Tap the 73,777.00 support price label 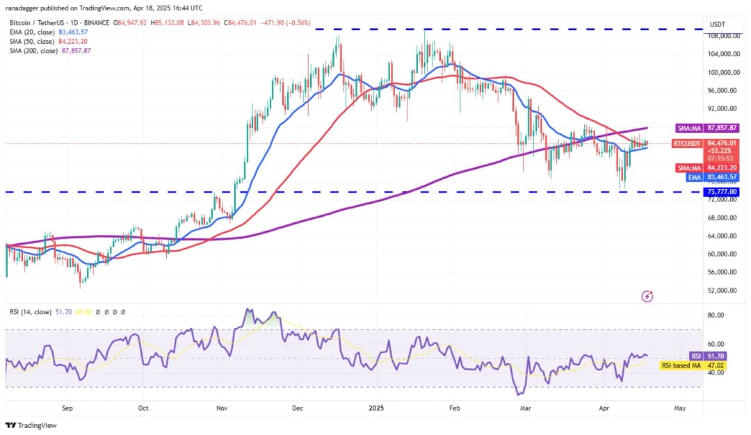pyautogui.click(x=721, y=192)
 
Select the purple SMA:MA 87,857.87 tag pyautogui.click(x=706, y=129)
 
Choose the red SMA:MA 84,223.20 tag pyautogui.click(x=706, y=167)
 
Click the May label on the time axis pyautogui.click(x=679, y=409)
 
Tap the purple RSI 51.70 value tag pyautogui.click(x=704, y=355)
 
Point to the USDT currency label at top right pyautogui.click(x=717, y=24)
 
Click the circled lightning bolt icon pyautogui.click(x=647, y=296)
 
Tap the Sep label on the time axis pyautogui.click(x=67, y=409)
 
